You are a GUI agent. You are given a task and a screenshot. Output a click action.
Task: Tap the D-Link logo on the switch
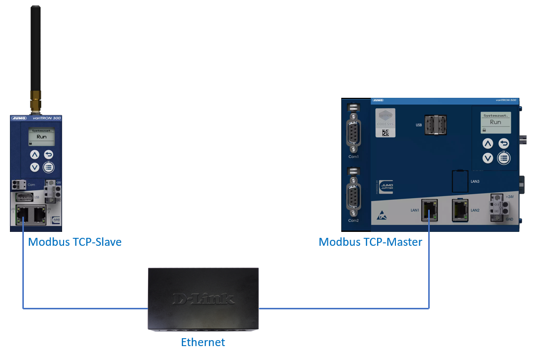203,298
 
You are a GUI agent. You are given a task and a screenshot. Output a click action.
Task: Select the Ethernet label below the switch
203,342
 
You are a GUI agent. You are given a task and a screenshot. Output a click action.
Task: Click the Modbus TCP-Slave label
75,242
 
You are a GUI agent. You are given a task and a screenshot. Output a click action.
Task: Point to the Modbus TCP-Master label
370,242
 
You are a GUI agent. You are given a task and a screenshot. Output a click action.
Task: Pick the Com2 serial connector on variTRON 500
353,196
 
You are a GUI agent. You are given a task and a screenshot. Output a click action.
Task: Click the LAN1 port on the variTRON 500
429,210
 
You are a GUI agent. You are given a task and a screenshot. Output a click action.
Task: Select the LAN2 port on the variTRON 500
460,210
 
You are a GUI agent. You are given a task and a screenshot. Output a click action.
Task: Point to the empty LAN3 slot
460,181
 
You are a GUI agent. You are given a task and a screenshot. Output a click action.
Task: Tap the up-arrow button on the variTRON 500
488,144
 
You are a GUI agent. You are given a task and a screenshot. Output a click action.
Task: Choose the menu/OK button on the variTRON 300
48,167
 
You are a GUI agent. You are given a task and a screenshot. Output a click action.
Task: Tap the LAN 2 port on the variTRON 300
40,214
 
